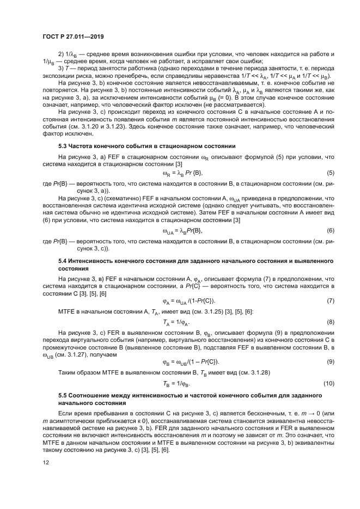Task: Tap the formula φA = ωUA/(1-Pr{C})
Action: click(188, 301)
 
